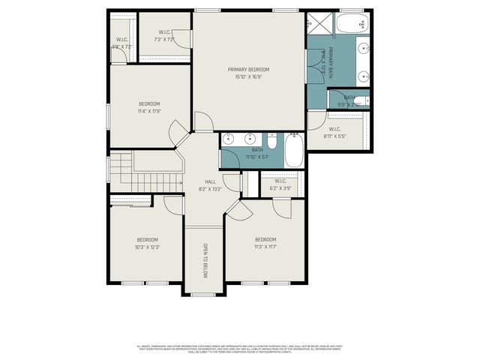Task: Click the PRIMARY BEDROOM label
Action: tap(248, 69)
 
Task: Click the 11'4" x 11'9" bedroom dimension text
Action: tap(148, 111)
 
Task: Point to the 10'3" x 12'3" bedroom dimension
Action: tap(148, 247)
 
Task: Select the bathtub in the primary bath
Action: tap(350, 24)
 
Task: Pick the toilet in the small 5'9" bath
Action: tap(361, 101)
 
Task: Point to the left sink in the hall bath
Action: tap(232, 139)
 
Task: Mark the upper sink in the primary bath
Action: tap(362, 50)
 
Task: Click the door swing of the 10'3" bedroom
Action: tap(172, 205)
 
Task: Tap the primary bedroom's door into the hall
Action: tap(202, 122)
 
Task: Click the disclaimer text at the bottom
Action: tap(239, 349)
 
